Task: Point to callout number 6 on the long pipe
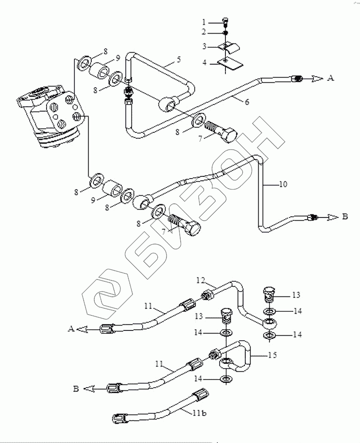[x=247, y=102]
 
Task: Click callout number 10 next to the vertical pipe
[x=283, y=183]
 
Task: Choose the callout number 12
[x=201, y=280]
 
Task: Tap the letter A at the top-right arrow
[x=330, y=78]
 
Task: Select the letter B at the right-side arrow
[x=345, y=217]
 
